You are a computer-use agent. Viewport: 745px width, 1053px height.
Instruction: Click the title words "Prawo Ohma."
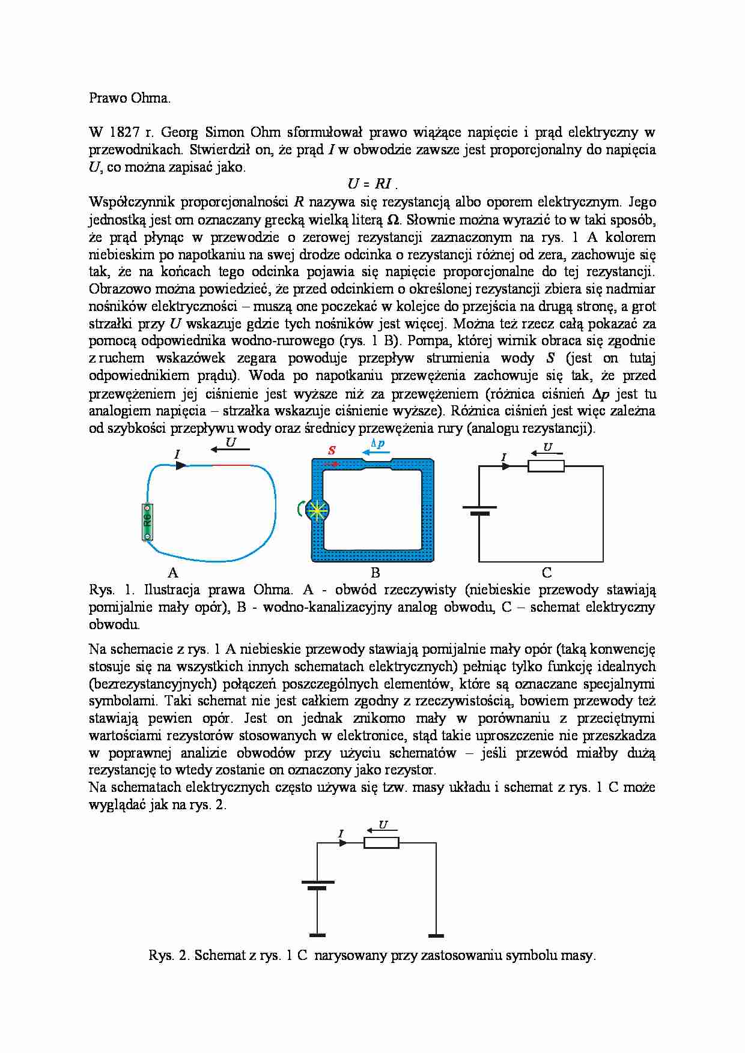click(x=130, y=98)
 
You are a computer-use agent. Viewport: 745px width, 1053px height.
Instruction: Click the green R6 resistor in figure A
click(x=147, y=522)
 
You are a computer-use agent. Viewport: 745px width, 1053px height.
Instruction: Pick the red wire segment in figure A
click(x=231, y=465)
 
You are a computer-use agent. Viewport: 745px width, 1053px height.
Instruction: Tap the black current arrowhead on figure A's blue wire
click(x=181, y=465)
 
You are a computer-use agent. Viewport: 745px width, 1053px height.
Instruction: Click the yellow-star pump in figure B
click(x=317, y=510)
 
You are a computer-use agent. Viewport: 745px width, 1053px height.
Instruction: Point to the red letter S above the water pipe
click(x=332, y=450)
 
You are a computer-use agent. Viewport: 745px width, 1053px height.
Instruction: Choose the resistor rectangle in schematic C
click(x=546, y=466)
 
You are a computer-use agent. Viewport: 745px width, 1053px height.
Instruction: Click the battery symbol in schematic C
click(x=479, y=511)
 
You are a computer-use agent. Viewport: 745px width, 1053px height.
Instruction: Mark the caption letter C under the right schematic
click(x=546, y=572)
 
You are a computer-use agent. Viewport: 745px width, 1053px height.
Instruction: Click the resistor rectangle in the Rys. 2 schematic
click(x=381, y=843)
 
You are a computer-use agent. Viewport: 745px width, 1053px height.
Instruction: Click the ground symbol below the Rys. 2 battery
click(x=317, y=935)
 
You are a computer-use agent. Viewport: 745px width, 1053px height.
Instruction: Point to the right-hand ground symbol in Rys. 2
click(x=436, y=935)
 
